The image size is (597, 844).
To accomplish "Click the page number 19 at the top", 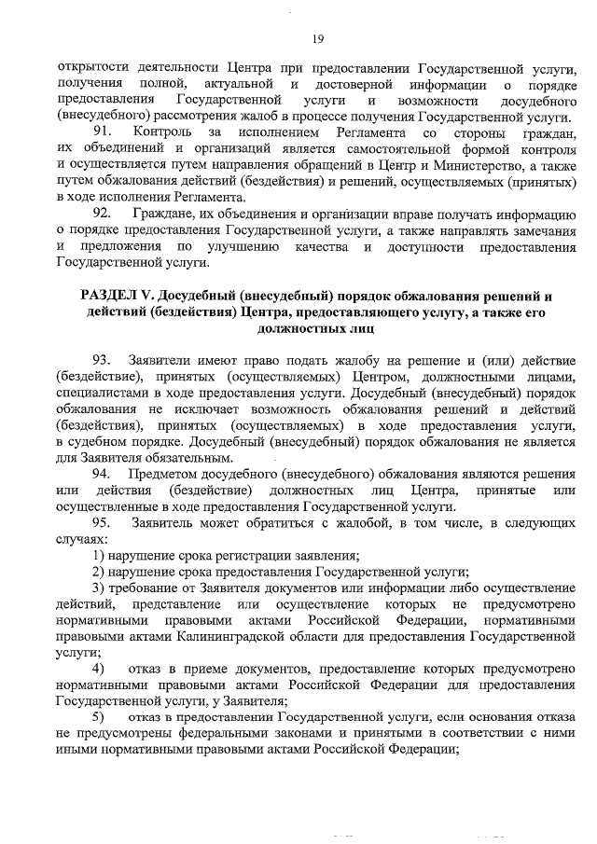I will (317, 38).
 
